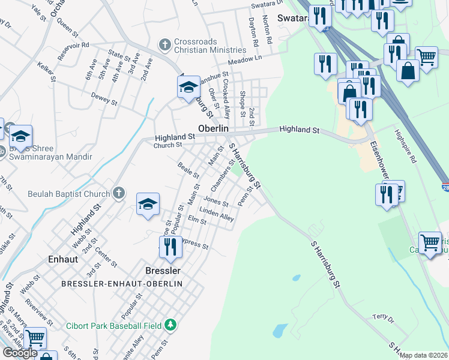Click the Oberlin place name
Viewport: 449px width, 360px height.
pyautogui.click(x=214, y=129)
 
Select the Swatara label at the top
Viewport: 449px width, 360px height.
pyautogui.click(x=293, y=18)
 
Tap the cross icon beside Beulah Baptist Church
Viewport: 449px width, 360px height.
pyautogui.click(x=119, y=193)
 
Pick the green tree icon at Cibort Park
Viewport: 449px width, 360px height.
pyautogui.click(x=171, y=325)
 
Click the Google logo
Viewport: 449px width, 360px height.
pyautogui.click(x=20, y=353)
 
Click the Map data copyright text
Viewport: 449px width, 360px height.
pyautogui.click(x=424, y=355)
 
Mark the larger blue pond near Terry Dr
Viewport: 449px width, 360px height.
pyautogui.click(x=279, y=331)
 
